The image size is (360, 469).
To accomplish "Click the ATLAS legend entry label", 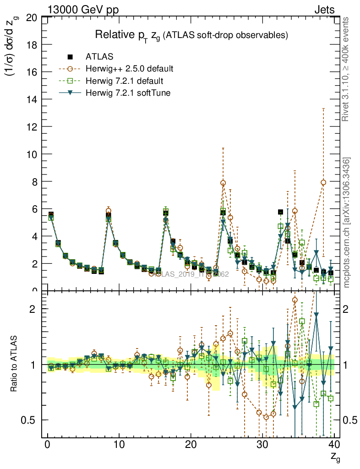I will pos(99,57).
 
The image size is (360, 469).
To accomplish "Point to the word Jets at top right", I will pos(324,10).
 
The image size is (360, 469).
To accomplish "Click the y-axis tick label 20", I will pos(32,18).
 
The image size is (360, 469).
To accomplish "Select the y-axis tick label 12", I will pos(32,126).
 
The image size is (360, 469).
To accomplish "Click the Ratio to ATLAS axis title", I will pos(14,364).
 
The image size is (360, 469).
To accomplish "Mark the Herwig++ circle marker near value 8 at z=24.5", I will pos(223,183).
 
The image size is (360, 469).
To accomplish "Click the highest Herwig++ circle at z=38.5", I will pos(323,182).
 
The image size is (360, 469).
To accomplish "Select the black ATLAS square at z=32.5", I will pos(280,212).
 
